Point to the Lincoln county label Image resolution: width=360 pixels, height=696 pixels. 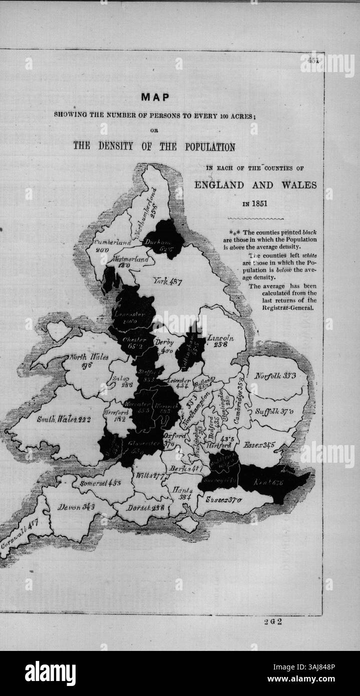click(x=220, y=337)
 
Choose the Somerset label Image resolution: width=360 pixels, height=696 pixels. click(x=99, y=484)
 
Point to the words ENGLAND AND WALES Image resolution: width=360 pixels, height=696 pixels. click(x=255, y=185)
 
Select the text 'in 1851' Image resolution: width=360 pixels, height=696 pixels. click(x=255, y=204)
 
